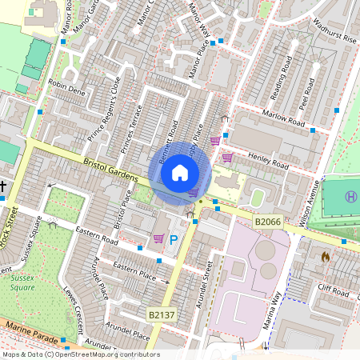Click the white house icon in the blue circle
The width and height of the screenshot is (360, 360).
tap(180, 173)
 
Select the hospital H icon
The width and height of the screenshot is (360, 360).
tap(350, 197)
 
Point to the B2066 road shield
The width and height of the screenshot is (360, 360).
tap(267, 221)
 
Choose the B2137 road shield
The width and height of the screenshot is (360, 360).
tap(162, 316)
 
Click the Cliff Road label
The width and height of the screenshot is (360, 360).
tap(333, 290)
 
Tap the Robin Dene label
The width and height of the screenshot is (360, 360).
tap(66, 86)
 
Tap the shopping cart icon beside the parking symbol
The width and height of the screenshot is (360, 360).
tap(158, 238)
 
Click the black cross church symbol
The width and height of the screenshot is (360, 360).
tap(3, 187)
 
